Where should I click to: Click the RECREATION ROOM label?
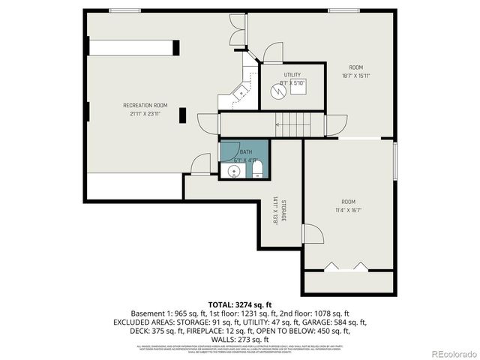[145, 105]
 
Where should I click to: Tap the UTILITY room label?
[292, 75]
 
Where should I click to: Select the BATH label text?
[246, 151]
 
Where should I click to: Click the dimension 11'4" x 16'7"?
[348, 210]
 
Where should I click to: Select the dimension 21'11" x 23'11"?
[145, 113]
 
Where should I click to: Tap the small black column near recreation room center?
[181, 115]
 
